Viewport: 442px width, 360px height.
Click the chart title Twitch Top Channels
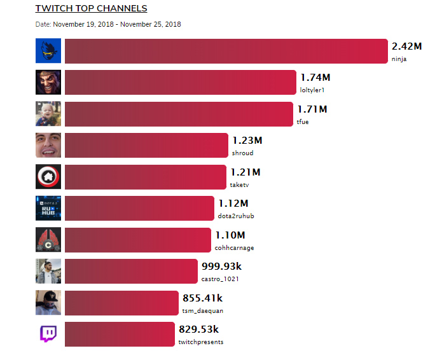[x=91, y=9]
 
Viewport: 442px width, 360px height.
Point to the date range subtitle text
[x=108, y=24]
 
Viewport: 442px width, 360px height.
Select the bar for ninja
[x=226, y=52]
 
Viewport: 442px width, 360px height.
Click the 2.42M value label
[x=407, y=46]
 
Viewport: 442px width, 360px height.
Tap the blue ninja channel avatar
[x=48, y=52]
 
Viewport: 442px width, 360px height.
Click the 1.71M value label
[x=312, y=109]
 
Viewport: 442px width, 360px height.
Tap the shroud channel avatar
[x=48, y=146]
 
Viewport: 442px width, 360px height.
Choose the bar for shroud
[x=146, y=146]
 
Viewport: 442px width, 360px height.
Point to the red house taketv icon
[x=48, y=177]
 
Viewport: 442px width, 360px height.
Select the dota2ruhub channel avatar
[x=48, y=208]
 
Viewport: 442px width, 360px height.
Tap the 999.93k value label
[x=221, y=267]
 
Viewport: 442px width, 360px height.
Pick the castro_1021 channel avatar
[x=48, y=271]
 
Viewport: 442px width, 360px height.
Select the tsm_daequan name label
[x=203, y=310]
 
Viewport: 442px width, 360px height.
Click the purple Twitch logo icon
[x=48, y=334]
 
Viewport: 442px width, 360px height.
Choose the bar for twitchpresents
[x=119, y=334]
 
